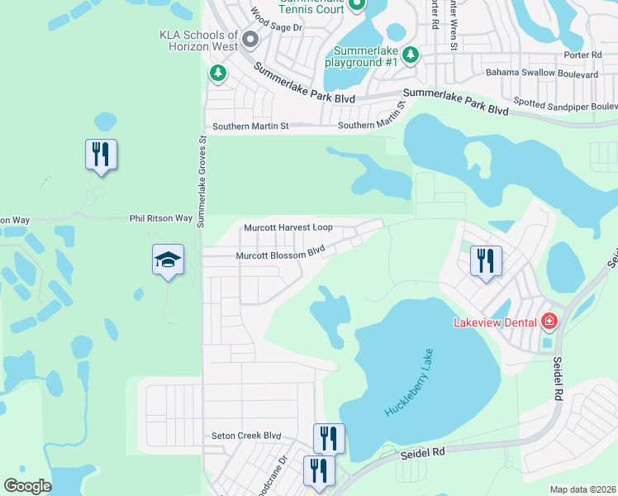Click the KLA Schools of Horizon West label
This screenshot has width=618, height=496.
coord(198,41)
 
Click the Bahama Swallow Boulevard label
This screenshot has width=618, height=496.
coord(541,74)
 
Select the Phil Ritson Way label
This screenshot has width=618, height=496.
coord(161,219)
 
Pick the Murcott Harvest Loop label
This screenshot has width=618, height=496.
coord(288,227)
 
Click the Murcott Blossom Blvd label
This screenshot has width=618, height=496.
coord(279,255)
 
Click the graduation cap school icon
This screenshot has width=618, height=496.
coord(168,260)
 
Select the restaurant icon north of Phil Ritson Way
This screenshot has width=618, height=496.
coord(101,154)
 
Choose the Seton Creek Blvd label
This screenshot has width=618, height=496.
coord(247,436)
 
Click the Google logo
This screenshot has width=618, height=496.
coord(27,486)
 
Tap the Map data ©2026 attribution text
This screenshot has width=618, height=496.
coord(582,489)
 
